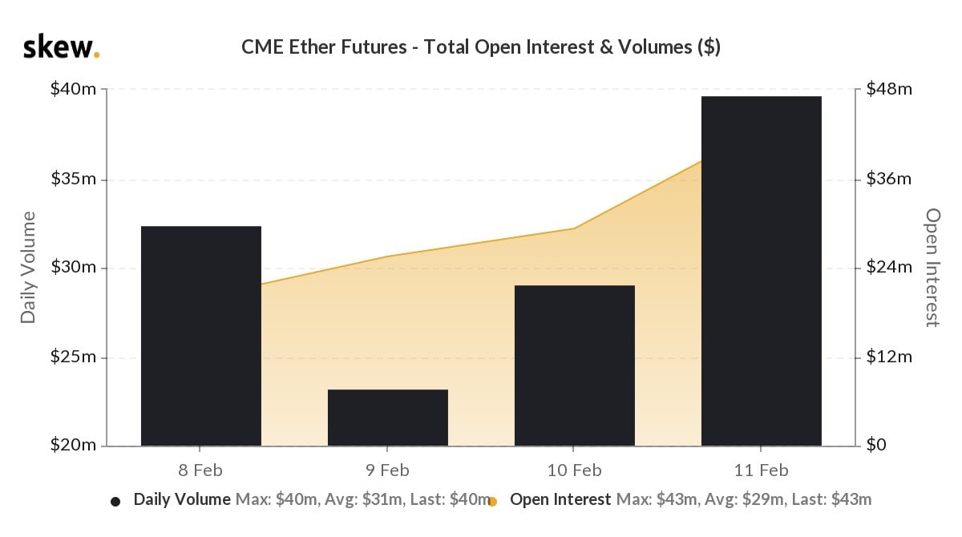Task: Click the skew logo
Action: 61,47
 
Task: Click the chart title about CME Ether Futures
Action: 480,47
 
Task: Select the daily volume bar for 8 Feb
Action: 200,336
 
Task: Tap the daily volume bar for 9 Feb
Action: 387,418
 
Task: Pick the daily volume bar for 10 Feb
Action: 574,365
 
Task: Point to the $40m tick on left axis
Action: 74,89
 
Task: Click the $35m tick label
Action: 74,179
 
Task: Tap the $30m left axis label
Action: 74,268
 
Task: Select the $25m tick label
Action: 74,357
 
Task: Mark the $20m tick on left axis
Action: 74,446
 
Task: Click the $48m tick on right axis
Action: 889,89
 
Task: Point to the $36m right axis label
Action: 889,179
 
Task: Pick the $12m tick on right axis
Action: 889,357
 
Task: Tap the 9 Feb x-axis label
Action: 387,470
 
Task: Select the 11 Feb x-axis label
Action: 761,470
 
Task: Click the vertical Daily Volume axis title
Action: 29,268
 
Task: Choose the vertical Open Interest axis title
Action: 932,268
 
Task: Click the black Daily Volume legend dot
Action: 115,502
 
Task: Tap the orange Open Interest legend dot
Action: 492,502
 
